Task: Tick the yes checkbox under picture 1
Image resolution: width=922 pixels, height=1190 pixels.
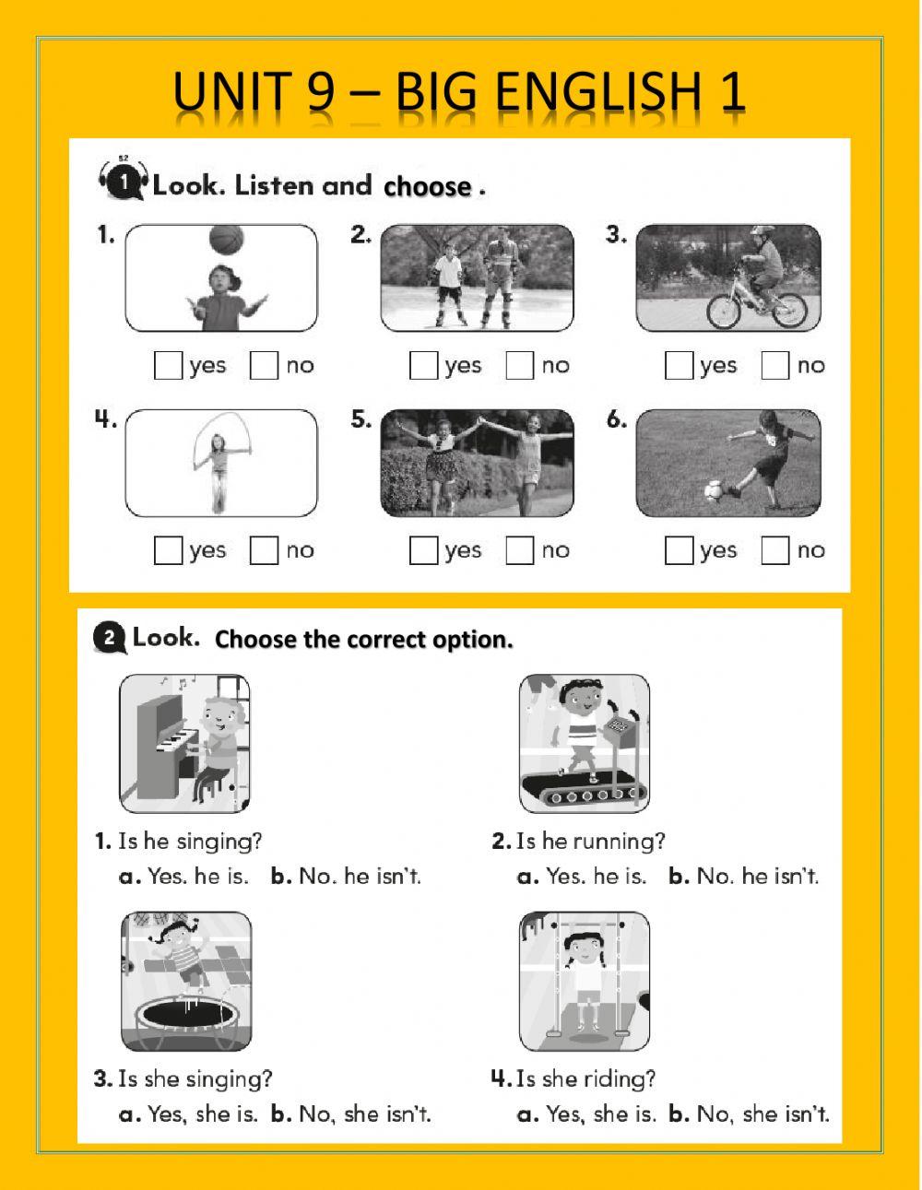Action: pos(168,366)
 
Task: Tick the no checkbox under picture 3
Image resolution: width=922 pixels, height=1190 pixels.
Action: pos(775,366)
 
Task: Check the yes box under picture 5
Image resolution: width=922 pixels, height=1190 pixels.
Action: pos(423,551)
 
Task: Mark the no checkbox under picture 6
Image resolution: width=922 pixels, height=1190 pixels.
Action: pos(775,551)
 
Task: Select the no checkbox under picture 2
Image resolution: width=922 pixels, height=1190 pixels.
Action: pos(520,366)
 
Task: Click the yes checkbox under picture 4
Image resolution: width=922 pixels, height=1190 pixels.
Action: pos(168,551)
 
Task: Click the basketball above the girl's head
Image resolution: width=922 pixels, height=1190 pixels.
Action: pos(226,240)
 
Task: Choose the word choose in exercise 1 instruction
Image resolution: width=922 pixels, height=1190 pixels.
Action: pos(428,187)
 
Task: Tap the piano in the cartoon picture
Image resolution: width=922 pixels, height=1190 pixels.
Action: pos(166,737)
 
